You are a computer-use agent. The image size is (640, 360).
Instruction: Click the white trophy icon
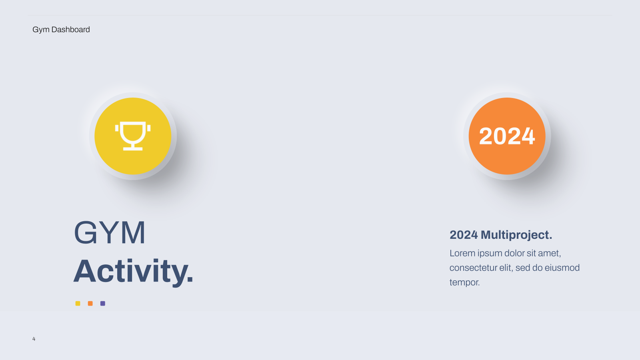(133, 136)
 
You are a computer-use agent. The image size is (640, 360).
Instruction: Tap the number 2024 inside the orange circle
(507, 136)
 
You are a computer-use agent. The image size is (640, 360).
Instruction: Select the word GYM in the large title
(110, 232)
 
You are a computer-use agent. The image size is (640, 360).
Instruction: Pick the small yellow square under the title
(78, 304)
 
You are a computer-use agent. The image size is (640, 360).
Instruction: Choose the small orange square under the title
(90, 304)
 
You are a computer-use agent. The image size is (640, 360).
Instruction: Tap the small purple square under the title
(103, 304)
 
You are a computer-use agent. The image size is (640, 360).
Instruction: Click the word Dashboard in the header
(70, 30)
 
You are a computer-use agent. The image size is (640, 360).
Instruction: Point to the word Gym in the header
(41, 30)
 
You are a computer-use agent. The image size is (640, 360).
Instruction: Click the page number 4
(34, 339)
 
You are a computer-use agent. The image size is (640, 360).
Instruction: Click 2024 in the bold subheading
(464, 235)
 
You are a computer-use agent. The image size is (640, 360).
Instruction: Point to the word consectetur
(473, 268)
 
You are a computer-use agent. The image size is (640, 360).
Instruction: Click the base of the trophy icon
(133, 148)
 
